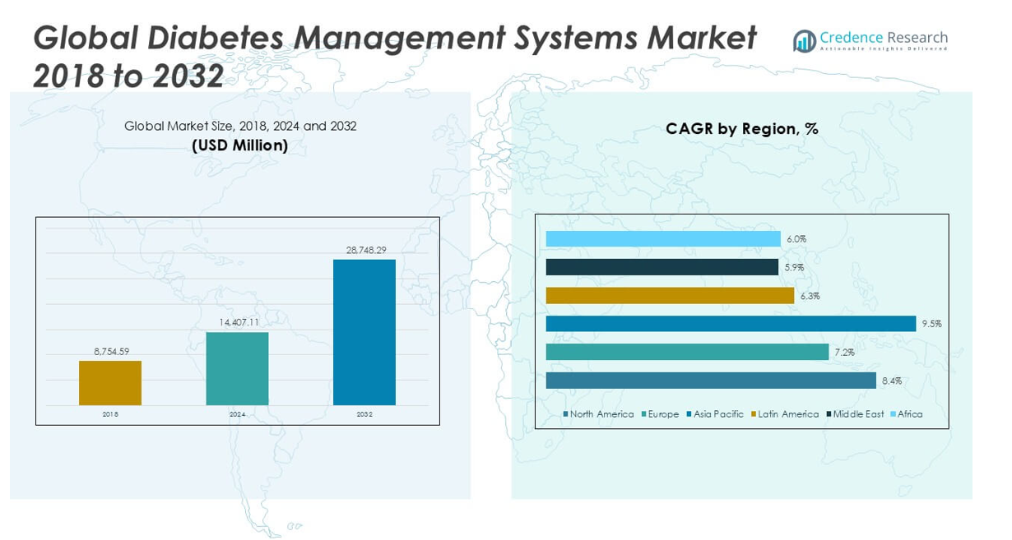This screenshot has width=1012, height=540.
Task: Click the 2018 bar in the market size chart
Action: tap(110, 383)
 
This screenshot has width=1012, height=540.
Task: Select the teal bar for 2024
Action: tap(237, 368)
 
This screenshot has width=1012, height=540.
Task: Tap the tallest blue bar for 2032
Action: tap(364, 332)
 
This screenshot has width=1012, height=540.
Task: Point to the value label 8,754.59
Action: tap(110, 352)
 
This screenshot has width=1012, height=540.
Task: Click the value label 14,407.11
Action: tap(238, 322)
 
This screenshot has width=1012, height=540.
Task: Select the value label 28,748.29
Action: tap(364, 249)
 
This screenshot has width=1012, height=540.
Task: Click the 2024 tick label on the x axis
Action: tap(237, 414)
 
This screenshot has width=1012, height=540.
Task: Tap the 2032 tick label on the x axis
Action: tap(364, 414)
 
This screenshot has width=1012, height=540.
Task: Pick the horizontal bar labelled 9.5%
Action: tap(731, 324)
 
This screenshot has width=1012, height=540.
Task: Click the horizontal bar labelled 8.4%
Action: tap(711, 381)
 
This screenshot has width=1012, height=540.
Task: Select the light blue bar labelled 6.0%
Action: tap(663, 239)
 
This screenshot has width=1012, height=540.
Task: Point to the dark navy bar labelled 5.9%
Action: tap(662, 267)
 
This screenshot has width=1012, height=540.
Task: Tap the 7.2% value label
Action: tap(844, 353)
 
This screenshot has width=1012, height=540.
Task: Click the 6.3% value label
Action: tap(810, 296)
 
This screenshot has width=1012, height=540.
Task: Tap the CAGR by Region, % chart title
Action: tap(742, 129)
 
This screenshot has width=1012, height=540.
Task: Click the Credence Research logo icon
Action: tap(804, 41)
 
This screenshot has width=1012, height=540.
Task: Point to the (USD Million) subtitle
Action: tap(240, 145)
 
